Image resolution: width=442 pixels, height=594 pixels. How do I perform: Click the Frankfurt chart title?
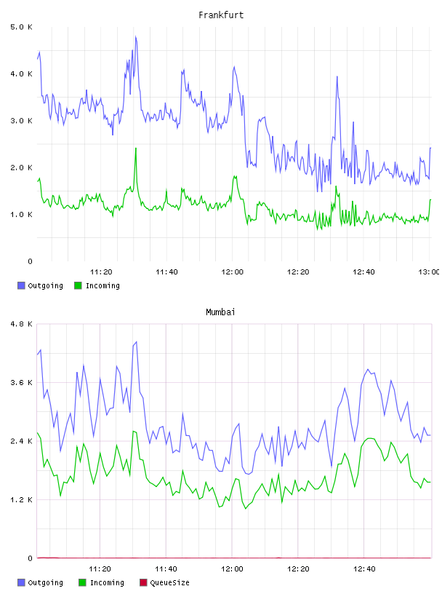click(221, 15)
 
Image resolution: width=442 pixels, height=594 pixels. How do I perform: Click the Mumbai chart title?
click(220, 312)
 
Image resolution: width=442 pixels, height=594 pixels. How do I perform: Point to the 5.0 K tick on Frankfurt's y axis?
click(21, 27)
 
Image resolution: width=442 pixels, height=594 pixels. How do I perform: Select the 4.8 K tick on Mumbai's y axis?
click(21, 324)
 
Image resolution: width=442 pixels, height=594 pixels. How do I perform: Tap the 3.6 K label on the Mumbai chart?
click(21, 383)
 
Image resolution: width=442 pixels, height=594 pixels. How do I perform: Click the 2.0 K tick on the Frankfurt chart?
click(21, 168)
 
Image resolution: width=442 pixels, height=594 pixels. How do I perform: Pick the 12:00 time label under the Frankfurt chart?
click(233, 272)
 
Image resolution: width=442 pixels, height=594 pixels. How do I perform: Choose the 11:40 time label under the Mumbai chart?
click(166, 569)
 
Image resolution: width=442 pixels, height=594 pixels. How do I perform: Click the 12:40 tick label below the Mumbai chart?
click(364, 569)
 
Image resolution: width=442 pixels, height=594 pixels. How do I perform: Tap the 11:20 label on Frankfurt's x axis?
click(101, 272)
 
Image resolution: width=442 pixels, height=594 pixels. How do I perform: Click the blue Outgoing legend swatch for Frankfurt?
click(21, 285)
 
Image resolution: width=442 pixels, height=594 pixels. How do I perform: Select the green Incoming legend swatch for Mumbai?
click(82, 582)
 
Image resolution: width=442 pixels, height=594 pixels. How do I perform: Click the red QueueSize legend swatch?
click(143, 582)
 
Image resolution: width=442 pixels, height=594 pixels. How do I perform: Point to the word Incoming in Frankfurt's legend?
click(103, 286)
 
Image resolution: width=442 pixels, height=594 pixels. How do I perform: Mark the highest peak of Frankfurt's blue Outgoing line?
click(136, 36)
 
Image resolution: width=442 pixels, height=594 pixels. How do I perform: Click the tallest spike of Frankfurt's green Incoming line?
click(136, 148)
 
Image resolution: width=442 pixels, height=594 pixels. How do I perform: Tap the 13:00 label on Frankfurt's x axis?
click(429, 272)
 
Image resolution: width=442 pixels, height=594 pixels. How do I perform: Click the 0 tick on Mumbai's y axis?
click(30, 558)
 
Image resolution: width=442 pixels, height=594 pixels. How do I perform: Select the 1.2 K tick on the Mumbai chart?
click(21, 500)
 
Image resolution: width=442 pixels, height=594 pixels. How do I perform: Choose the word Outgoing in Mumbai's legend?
click(45, 583)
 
